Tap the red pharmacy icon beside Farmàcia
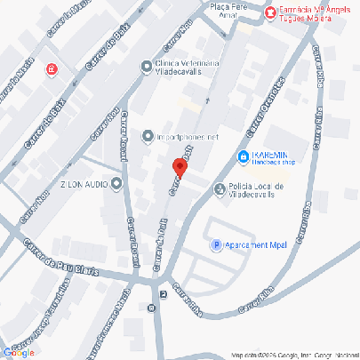270,11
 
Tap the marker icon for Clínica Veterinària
147,65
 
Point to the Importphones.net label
188,138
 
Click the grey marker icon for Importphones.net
148,137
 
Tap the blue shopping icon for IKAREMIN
243,157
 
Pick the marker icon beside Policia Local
220,188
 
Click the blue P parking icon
214,244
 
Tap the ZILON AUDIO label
84,184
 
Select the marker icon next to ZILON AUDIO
116,184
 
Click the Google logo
19,353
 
